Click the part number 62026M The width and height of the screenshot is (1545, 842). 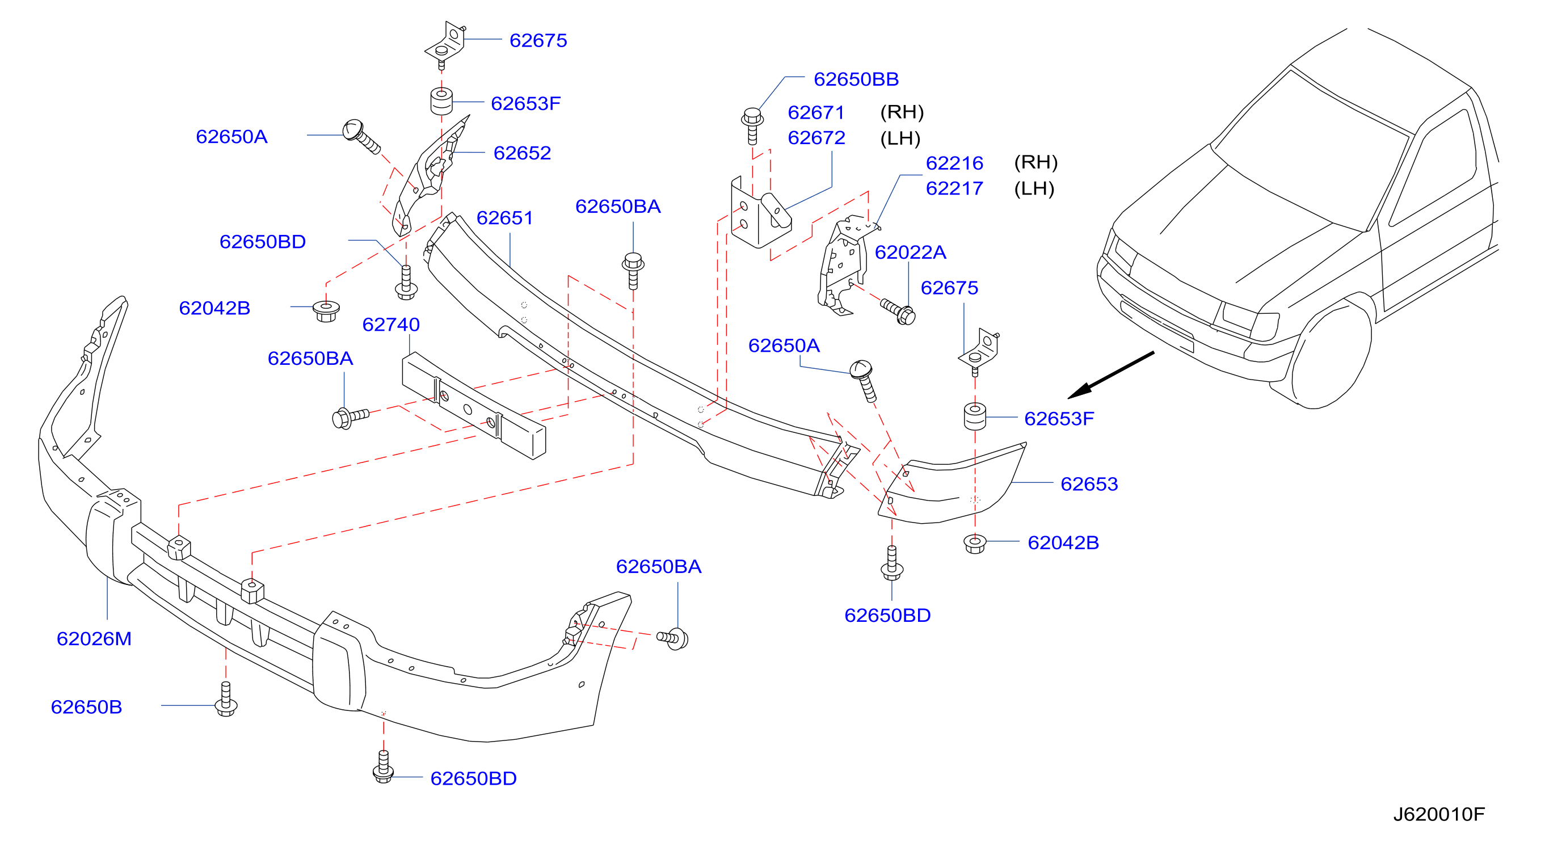pyautogui.click(x=94, y=639)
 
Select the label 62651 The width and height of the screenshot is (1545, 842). pyautogui.click(x=504, y=218)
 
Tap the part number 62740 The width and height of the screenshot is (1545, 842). pyautogui.click(x=391, y=325)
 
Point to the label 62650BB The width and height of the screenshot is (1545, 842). pyautogui.click(x=856, y=79)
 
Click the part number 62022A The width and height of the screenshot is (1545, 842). pyautogui.click(x=911, y=252)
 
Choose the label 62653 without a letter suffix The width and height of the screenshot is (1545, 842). pyautogui.click(x=1089, y=484)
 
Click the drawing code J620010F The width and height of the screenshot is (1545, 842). pyautogui.click(x=1439, y=814)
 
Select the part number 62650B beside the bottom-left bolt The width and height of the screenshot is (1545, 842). pyautogui.click(x=86, y=707)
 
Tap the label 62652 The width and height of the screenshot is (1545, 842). pyautogui.click(x=522, y=153)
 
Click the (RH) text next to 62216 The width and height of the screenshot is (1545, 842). pyautogui.click(x=1036, y=162)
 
